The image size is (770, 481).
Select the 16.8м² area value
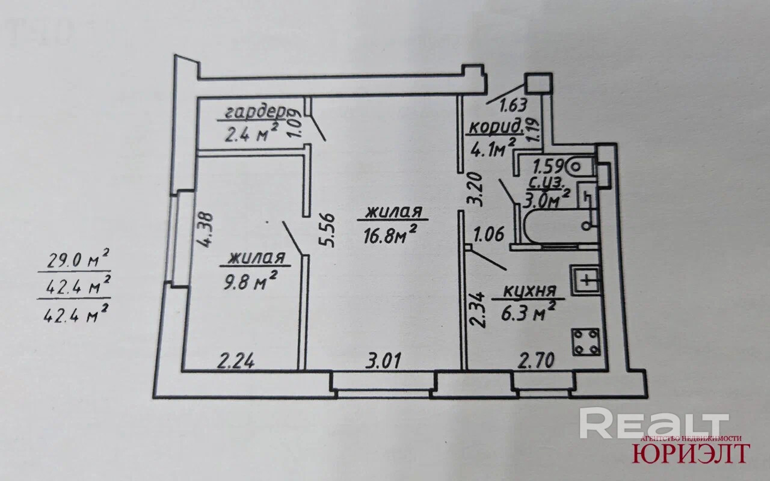tap(390, 233)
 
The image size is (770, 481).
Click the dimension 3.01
tap(384, 361)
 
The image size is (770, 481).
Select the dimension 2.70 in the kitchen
tap(536, 361)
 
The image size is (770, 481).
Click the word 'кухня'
tap(527, 293)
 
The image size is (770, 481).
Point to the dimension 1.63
tap(514, 105)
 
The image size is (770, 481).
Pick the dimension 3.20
tap(476, 189)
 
